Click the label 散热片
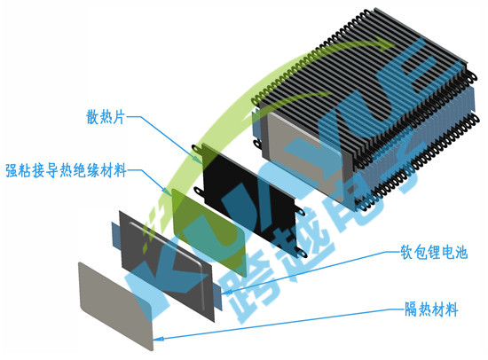tap(106, 117)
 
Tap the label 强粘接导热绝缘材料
tap(66, 170)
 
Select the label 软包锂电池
tap(434, 252)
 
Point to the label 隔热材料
tap(431, 309)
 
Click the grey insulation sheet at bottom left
tap(115, 307)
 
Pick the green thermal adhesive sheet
tap(209, 232)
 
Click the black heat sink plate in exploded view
tap(249, 200)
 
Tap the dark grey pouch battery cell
tap(167, 266)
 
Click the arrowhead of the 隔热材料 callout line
tap(160, 339)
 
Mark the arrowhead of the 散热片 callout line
tap(198, 160)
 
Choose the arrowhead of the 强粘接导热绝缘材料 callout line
tap(168, 191)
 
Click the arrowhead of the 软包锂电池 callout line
tap(226, 293)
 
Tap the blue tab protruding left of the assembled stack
tap(256, 124)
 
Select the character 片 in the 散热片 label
tap(119, 117)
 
